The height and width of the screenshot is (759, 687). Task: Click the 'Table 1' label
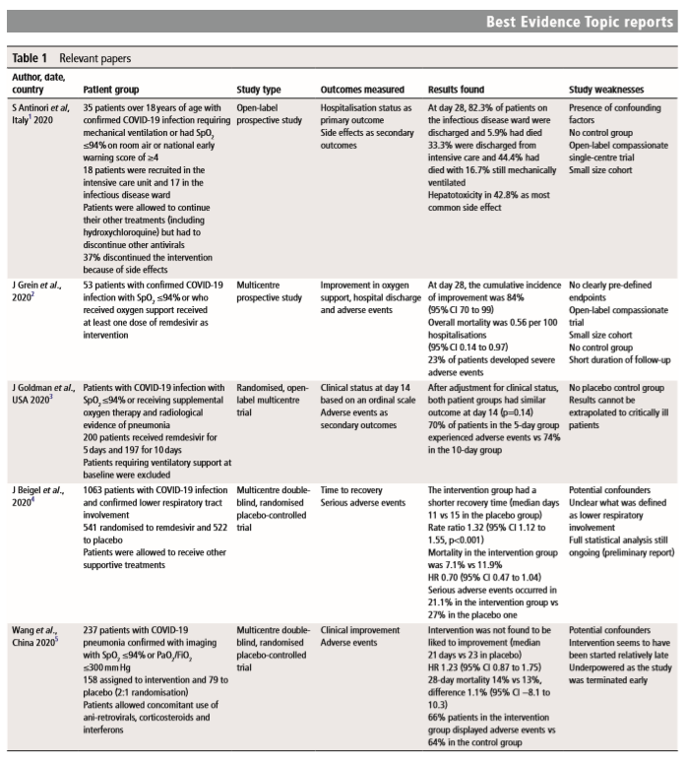click(x=31, y=59)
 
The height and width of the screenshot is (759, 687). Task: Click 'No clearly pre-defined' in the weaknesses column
click(x=616, y=285)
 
